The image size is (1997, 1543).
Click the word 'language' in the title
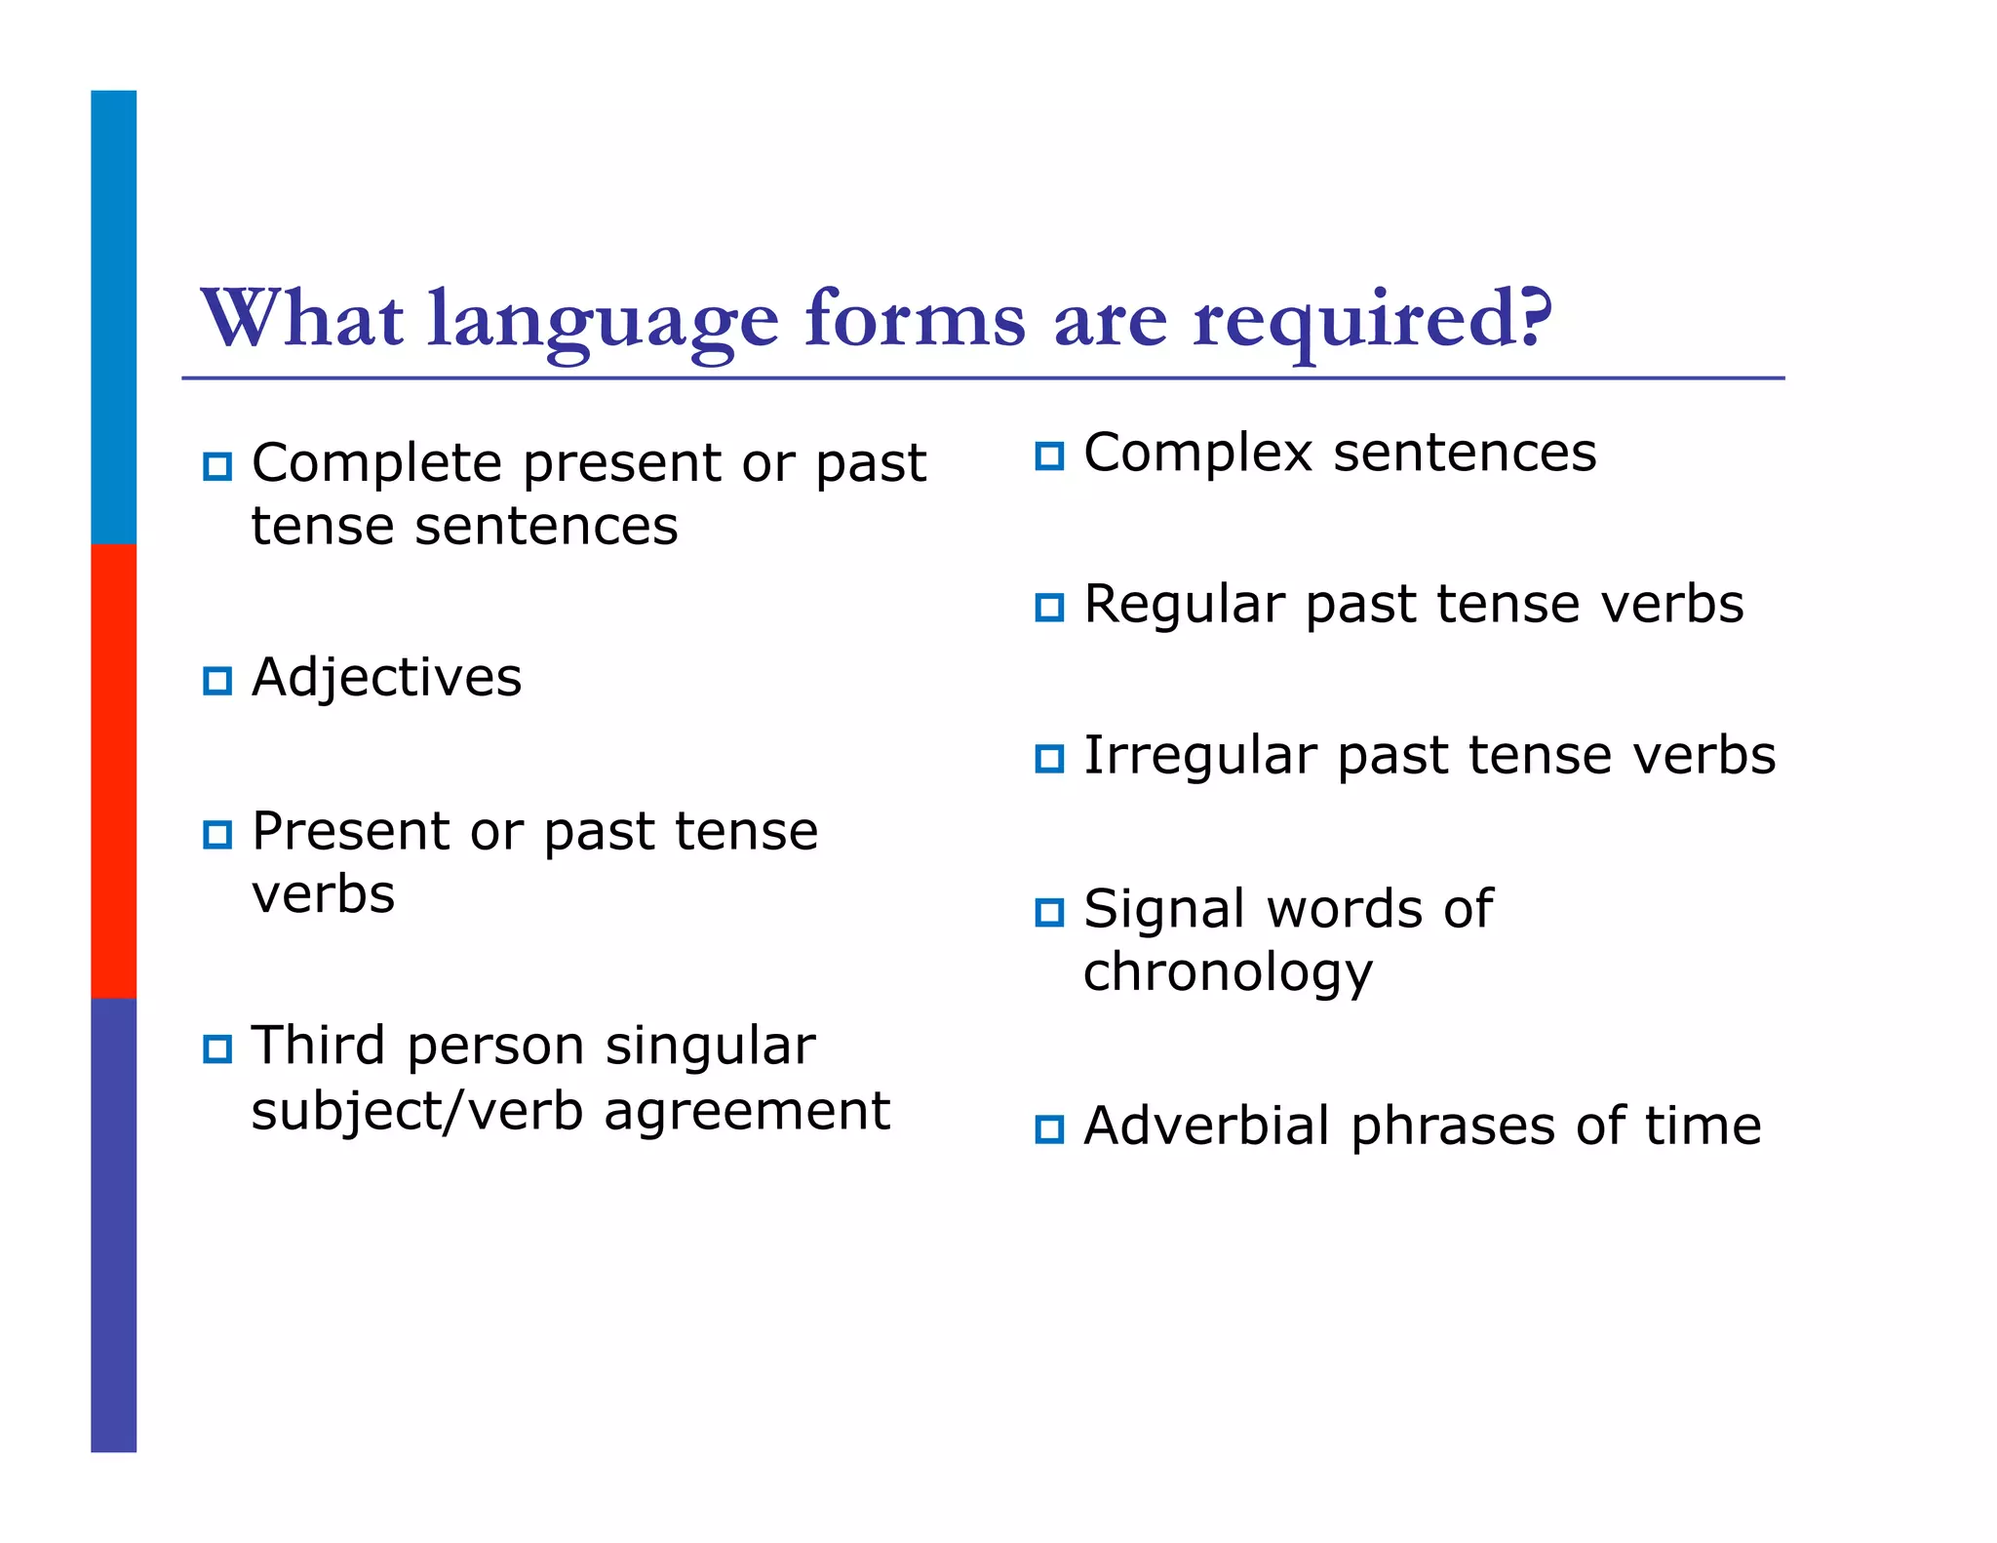(603, 322)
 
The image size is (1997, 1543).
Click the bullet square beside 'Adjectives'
(217, 680)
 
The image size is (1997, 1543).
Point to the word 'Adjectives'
(386, 678)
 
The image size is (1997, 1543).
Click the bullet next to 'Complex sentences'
(1049, 455)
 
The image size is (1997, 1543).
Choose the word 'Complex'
(1198, 454)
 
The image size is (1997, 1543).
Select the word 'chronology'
(1228, 973)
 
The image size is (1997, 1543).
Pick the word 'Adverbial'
(1207, 1126)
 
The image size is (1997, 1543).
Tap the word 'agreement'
(747, 1112)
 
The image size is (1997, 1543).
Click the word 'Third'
(319, 1047)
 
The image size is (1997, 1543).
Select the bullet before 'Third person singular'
(217, 1049)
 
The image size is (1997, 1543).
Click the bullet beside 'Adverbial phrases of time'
(1049, 1129)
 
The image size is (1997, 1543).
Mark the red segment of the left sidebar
(113, 771)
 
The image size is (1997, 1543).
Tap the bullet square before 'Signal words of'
(1049, 912)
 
